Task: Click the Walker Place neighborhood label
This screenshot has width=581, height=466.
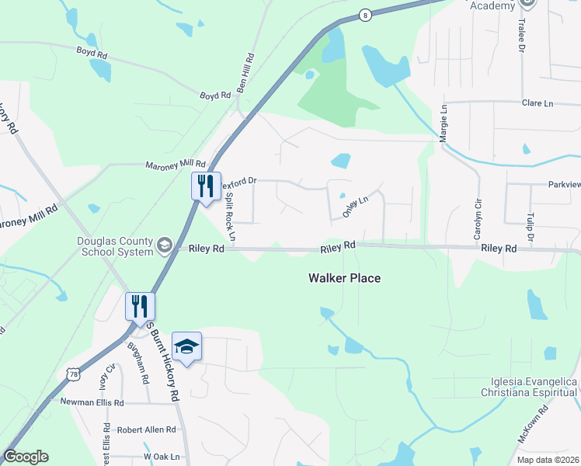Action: point(344,278)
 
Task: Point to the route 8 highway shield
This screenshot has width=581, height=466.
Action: point(365,15)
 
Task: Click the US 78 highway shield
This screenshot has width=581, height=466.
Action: point(73,374)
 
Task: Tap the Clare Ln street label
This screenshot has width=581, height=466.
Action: point(537,103)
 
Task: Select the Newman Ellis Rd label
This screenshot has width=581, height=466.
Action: point(92,403)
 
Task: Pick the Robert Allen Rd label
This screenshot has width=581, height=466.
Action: point(147,429)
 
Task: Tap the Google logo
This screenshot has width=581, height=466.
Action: point(26,457)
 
